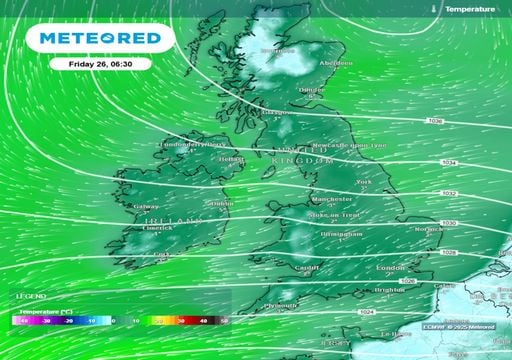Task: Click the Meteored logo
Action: pyautogui.click(x=99, y=38)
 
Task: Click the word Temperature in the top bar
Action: pyautogui.click(x=469, y=8)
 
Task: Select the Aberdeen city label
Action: pyautogui.click(x=335, y=62)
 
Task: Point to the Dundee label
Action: pyautogui.click(x=311, y=89)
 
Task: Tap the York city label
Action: pyautogui.click(x=363, y=182)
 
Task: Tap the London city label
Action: pyautogui.click(x=390, y=269)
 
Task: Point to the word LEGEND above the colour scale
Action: pyautogui.click(x=29, y=298)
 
